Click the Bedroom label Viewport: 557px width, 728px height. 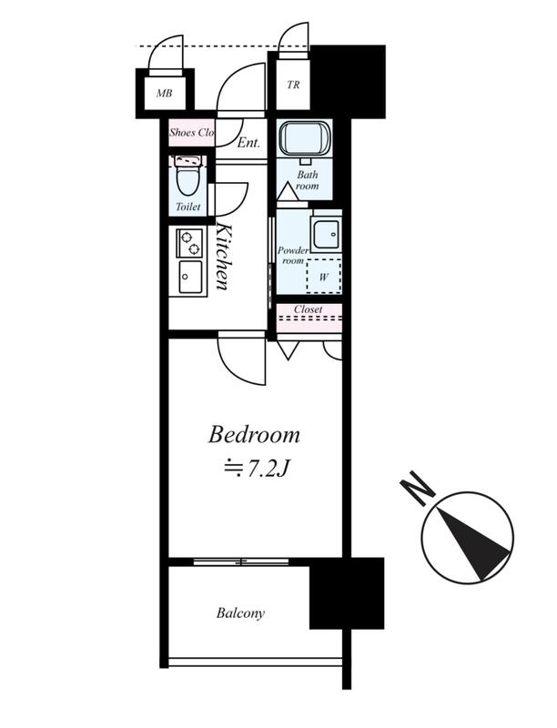pyautogui.click(x=254, y=435)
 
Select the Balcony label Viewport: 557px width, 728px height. pyautogui.click(x=240, y=613)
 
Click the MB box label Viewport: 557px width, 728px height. pyautogui.click(x=165, y=94)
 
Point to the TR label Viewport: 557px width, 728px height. pyautogui.click(x=293, y=85)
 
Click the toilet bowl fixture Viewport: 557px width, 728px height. pyautogui.click(x=188, y=181)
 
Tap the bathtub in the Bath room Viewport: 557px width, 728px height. pyautogui.click(x=305, y=139)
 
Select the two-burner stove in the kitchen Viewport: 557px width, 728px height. pyautogui.click(x=189, y=243)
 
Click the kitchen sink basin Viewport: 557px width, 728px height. pyautogui.click(x=190, y=278)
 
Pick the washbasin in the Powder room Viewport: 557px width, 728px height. pyautogui.click(x=327, y=234)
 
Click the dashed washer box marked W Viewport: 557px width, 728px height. pyautogui.click(x=324, y=276)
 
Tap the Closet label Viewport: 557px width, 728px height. pyautogui.click(x=309, y=309)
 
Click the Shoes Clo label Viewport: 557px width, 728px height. pyautogui.click(x=191, y=132)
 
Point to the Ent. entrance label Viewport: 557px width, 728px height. pyautogui.click(x=248, y=143)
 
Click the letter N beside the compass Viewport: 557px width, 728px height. pyautogui.click(x=417, y=489)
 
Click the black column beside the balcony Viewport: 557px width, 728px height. pyautogui.click(x=347, y=593)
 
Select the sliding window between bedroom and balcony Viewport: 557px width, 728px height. pyautogui.click(x=241, y=561)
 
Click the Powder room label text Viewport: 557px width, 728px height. pyautogui.click(x=293, y=256)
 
